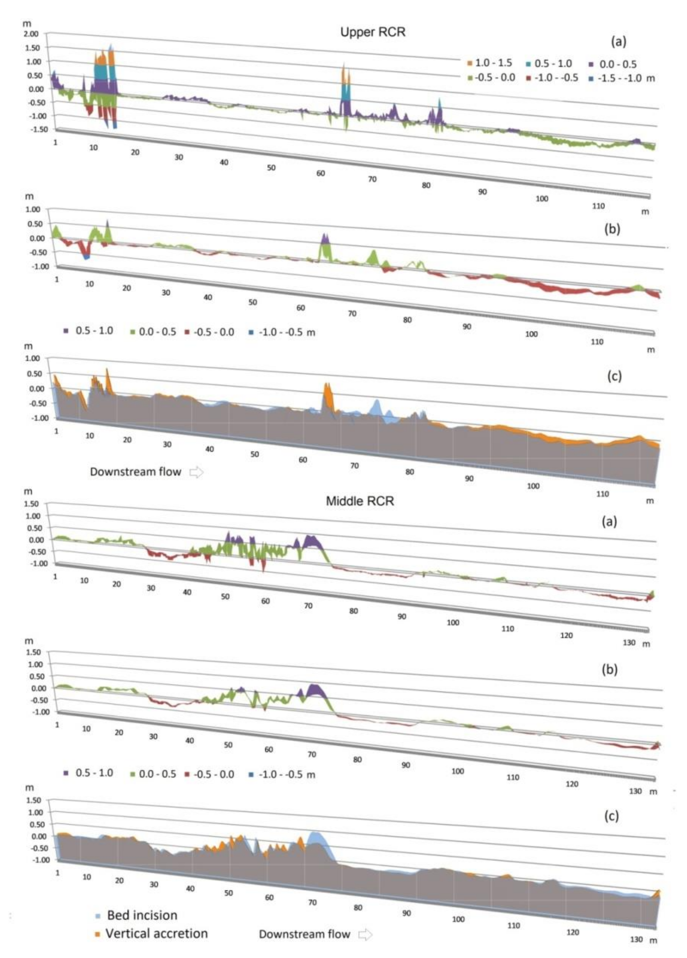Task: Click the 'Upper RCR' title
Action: [x=373, y=32]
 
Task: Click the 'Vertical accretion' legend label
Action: [x=156, y=933]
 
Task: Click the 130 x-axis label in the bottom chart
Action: [x=636, y=939]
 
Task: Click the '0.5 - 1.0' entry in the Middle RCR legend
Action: [x=93, y=773]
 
